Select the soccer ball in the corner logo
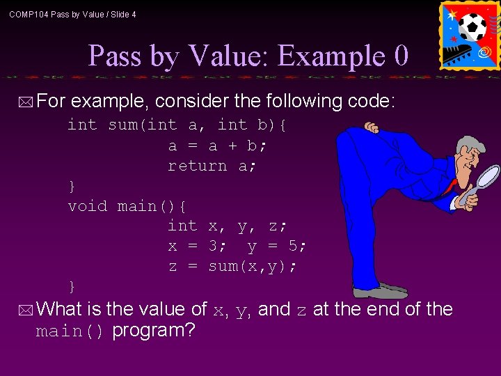pos(472,27)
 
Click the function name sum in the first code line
pos(122,125)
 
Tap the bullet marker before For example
pos(26,103)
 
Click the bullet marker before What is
pos(26,310)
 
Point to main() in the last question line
pos(70,331)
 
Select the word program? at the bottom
pos(153,330)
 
